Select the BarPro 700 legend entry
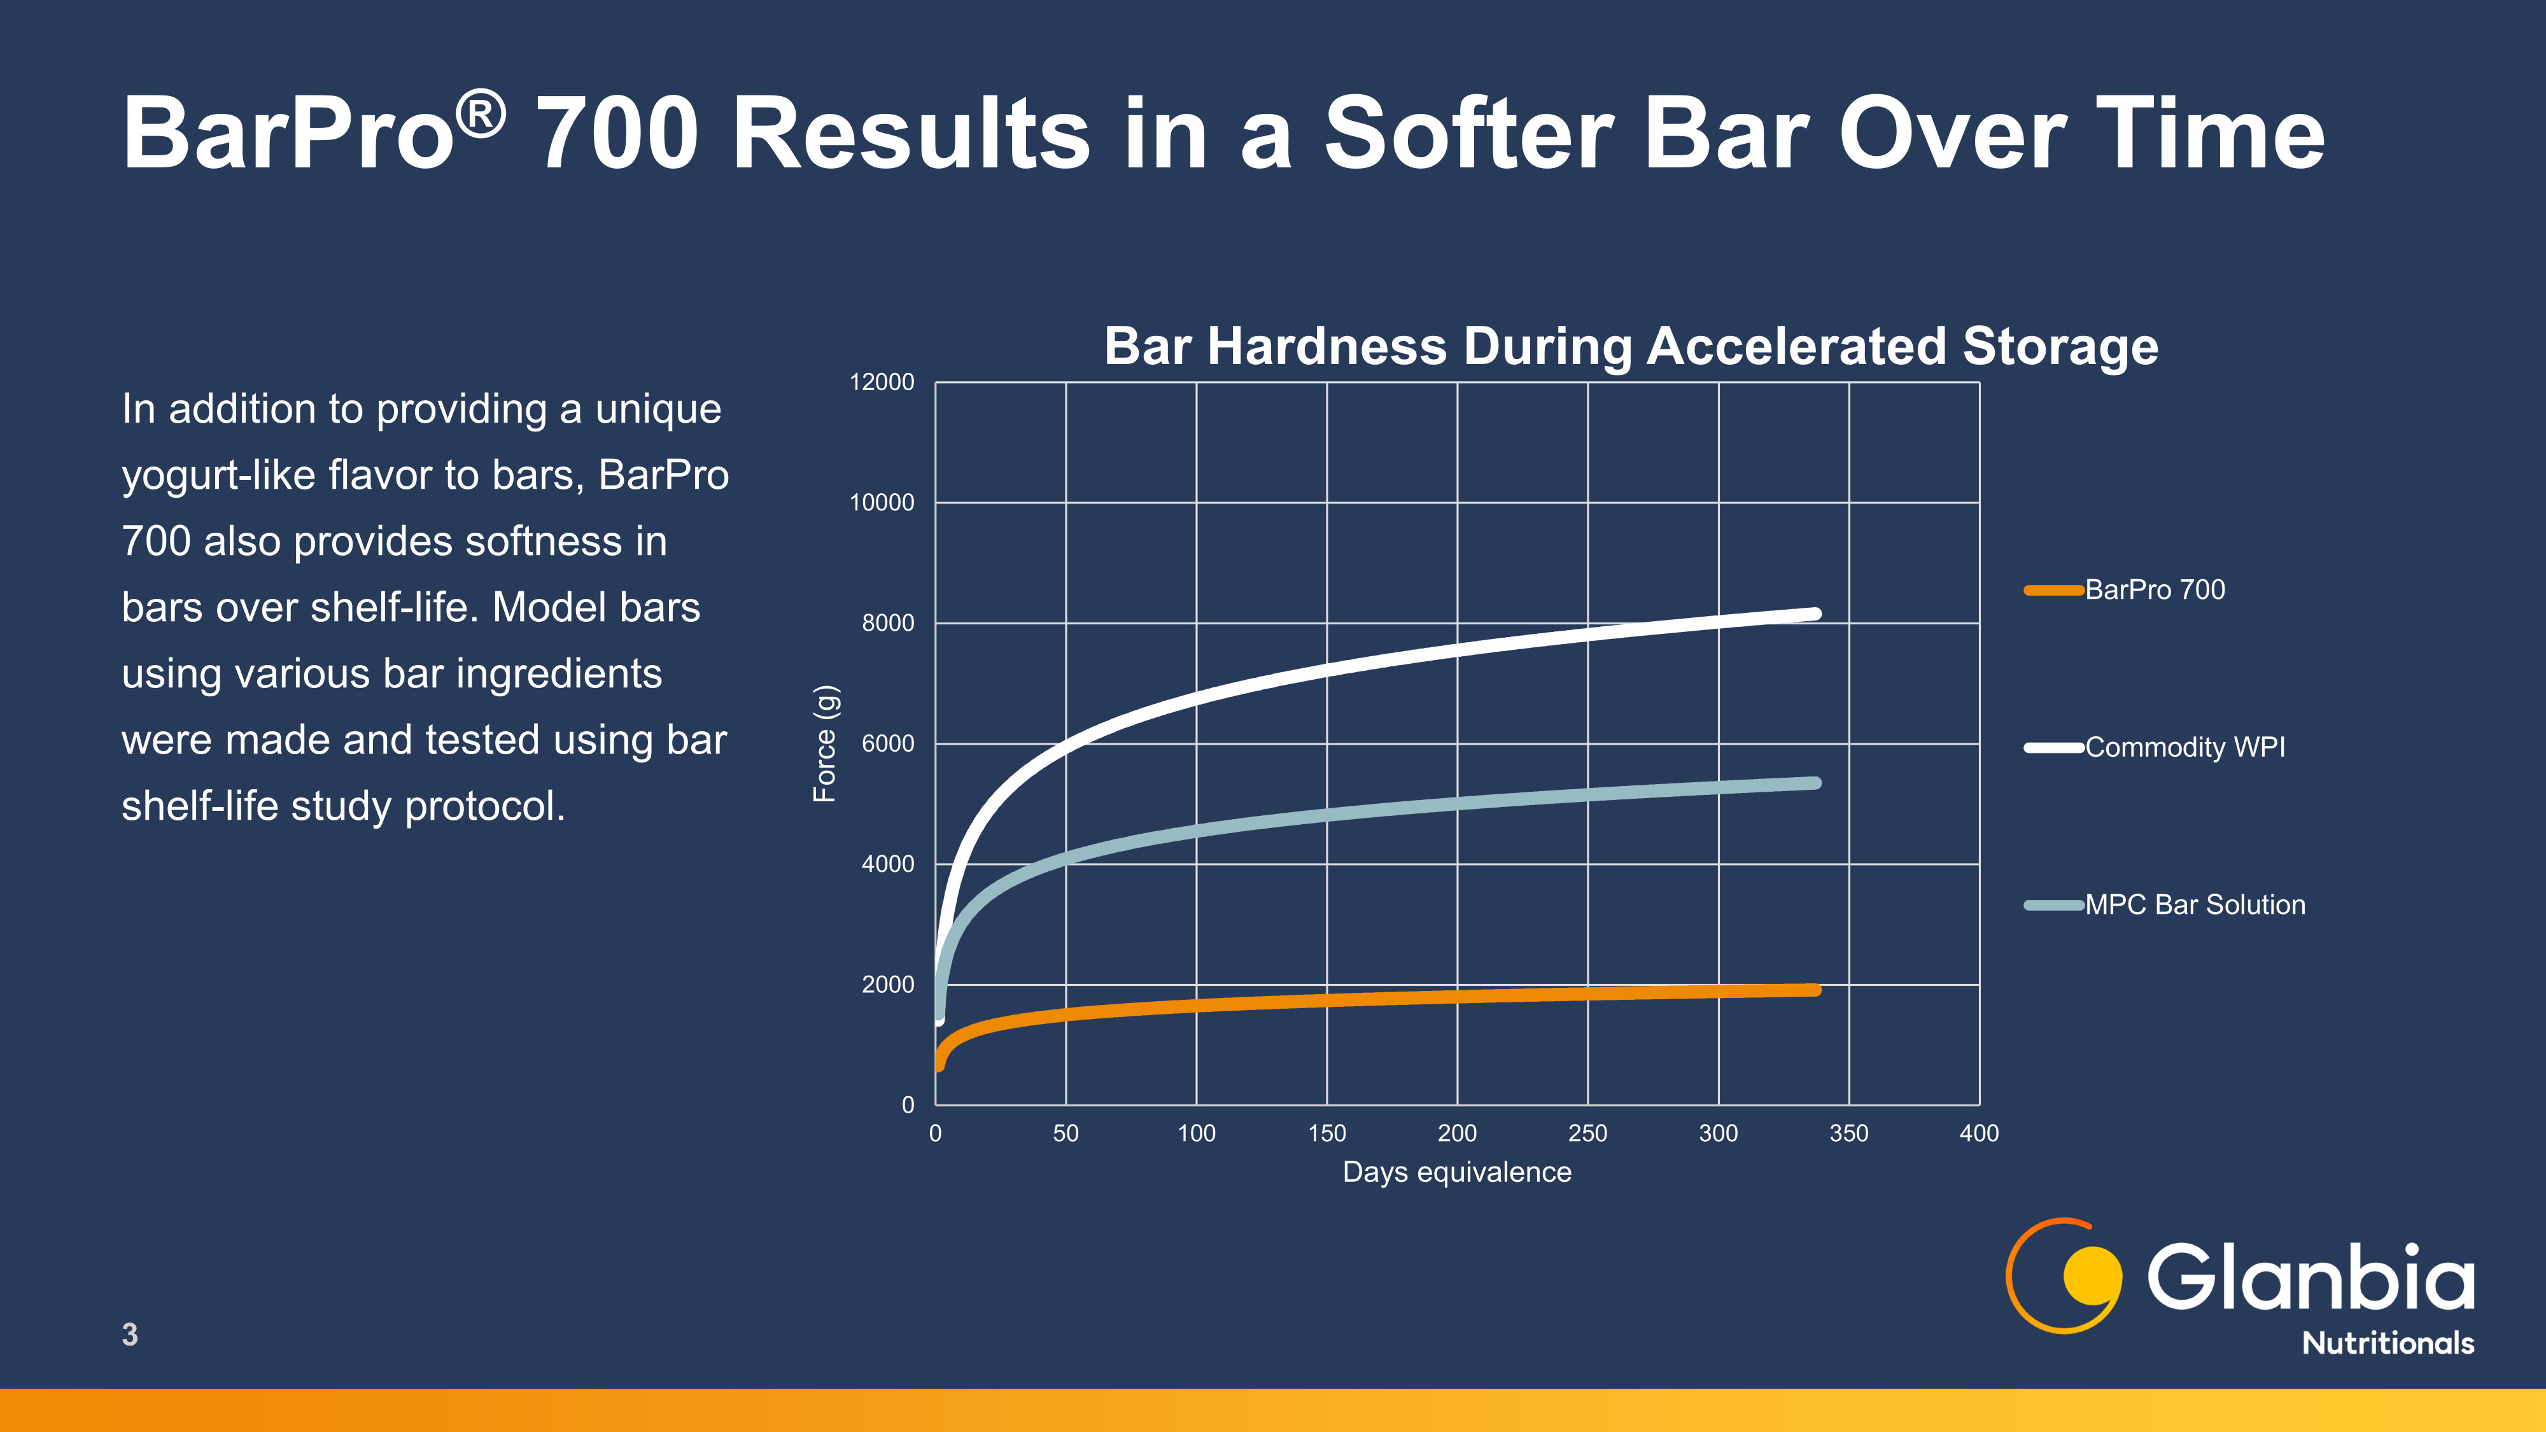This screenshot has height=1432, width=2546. coord(2125,590)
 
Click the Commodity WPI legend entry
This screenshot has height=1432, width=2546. coord(2155,747)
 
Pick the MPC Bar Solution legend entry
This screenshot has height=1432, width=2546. coord(2165,904)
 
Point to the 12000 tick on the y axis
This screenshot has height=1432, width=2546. coord(882,383)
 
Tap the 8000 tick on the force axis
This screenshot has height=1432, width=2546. coord(887,622)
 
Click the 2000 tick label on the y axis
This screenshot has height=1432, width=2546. coord(887,985)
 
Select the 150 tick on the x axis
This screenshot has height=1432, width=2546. coord(1326,1134)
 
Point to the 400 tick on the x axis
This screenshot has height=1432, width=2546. coord(1979,1134)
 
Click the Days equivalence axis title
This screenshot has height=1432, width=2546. coord(1457,1172)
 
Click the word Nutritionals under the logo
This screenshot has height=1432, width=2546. coord(2388,1343)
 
